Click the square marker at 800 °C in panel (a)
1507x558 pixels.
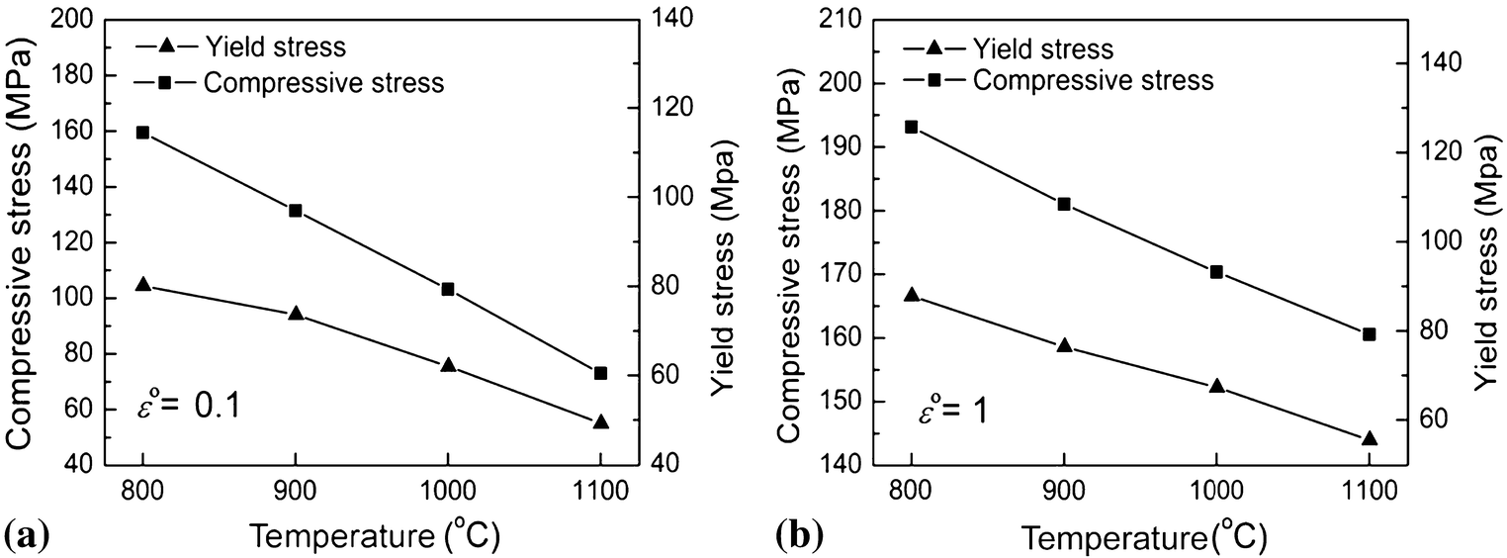(x=142, y=133)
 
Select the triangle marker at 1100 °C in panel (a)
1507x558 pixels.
(x=601, y=422)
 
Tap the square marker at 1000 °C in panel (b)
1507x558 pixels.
(x=1216, y=272)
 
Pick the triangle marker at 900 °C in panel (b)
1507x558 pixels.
(x=1064, y=346)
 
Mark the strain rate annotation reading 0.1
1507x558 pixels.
(x=188, y=406)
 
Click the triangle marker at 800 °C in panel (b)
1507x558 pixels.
(x=912, y=295)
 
